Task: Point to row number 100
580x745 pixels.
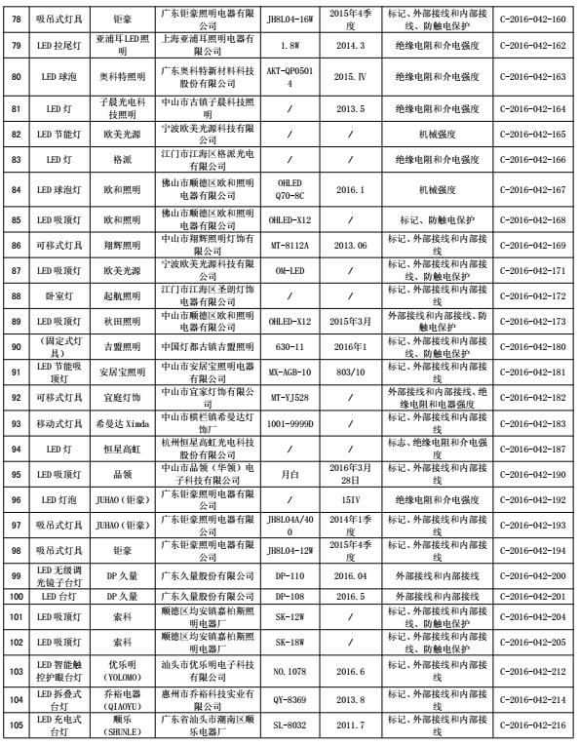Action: click(x=16, y=594)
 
